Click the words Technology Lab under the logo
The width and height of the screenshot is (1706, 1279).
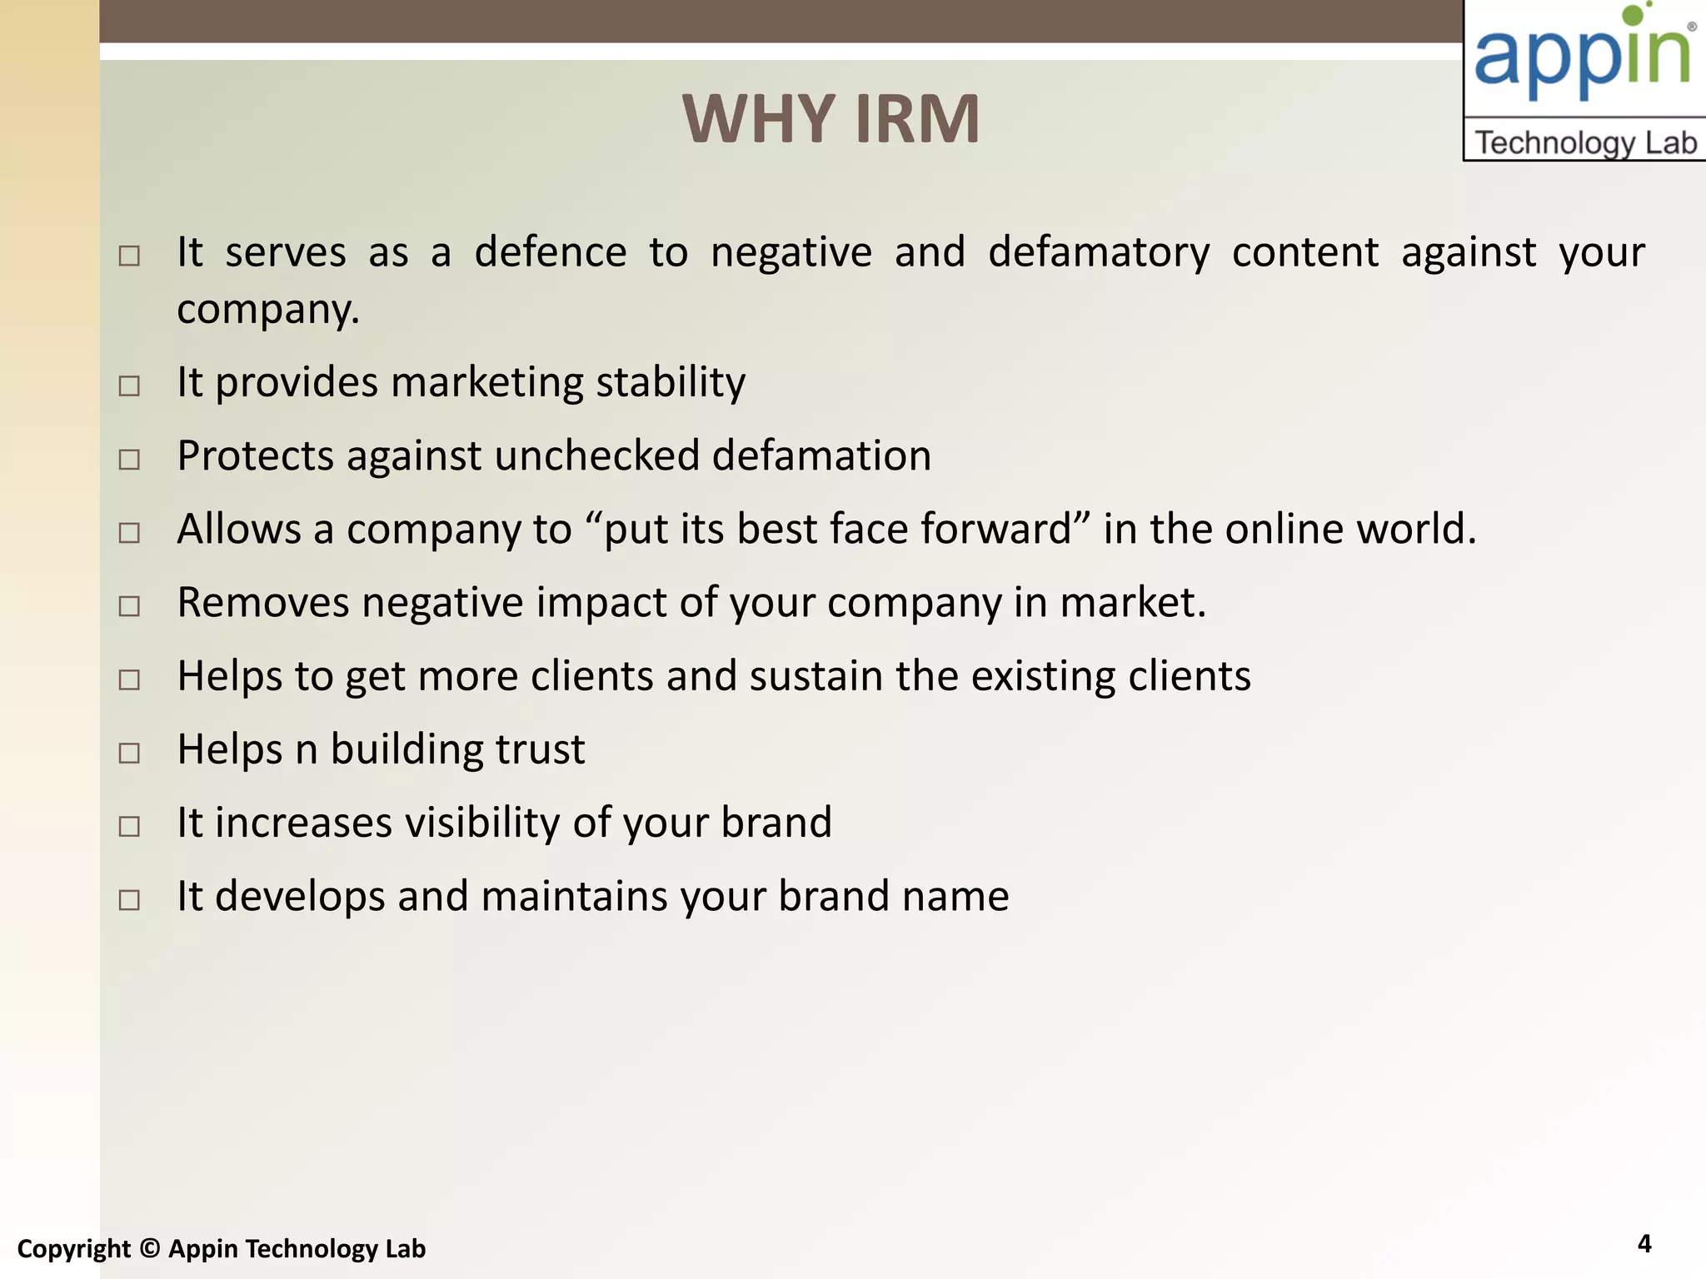1585,142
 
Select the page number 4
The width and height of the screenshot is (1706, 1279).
1644,1243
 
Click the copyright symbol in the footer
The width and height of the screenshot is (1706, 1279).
149,1248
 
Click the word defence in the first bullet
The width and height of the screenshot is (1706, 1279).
550,251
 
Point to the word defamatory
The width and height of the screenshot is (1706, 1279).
1098,251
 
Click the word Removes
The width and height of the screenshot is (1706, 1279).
263,602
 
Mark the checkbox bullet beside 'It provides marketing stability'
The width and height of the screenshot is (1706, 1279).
129,386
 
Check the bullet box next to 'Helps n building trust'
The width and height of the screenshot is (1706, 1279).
129,753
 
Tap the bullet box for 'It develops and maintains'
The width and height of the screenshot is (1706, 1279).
129,899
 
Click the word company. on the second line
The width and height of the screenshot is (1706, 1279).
268,310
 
